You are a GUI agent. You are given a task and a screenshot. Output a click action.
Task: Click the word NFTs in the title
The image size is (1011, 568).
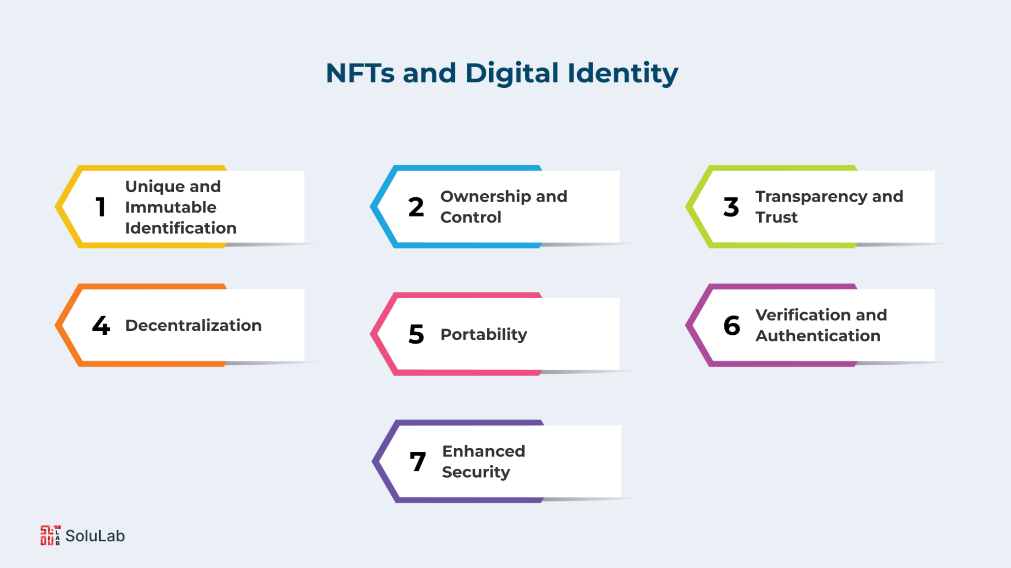click(x=360, y=73)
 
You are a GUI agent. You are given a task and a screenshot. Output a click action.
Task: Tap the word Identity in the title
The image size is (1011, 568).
click(x=623, y=74)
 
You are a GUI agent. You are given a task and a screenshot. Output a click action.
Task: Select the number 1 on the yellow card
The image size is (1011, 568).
click(x=101, y=207)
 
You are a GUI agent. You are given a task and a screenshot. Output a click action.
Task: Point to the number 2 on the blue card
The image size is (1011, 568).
click(x=416, y=207)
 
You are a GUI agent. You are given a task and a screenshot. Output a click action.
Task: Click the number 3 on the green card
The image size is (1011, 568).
click(x=731, y=207)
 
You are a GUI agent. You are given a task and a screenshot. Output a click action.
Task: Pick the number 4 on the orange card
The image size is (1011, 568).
click(x=101, y=325)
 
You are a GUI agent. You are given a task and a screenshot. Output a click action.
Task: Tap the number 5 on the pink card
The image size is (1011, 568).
click(x=416, y=334)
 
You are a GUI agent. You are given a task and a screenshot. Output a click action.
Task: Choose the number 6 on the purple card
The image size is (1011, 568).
click(x=732, y=325)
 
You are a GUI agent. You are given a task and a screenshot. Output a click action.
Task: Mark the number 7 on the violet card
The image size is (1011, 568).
click(x=418, y=462)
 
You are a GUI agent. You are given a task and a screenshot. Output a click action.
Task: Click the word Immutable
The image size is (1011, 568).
click(x=171, y=207)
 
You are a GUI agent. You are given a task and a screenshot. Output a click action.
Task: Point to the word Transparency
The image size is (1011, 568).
click(x=811, y=197)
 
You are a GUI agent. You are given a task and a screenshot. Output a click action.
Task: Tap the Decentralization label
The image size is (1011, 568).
click(x=194, y=325)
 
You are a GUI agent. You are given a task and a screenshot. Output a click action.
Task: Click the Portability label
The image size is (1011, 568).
click(x=484, y=335)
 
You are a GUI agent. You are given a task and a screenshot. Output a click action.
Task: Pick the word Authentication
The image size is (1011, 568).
click(x=818, y=336)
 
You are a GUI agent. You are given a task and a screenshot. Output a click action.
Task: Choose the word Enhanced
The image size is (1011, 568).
click(x=484, y=451)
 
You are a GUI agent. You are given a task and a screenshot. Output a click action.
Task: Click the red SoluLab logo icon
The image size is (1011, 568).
click(x=50, y=535)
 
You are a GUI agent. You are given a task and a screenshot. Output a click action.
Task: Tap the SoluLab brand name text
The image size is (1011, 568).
click(x=95, y=536)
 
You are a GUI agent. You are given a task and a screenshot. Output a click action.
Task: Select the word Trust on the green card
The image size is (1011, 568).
click(x=777, y=217)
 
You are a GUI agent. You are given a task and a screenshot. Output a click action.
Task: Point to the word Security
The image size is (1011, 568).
click(x=476, y=472)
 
